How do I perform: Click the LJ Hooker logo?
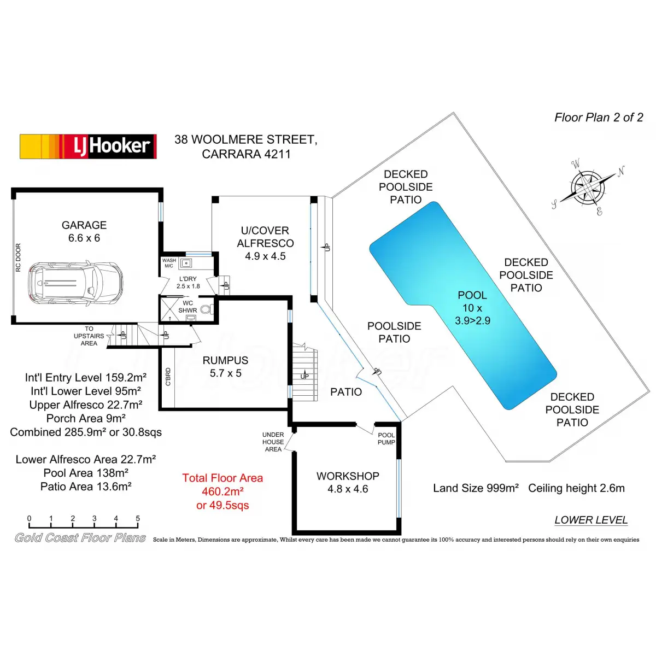point(88,147)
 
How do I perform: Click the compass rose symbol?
point(588,188)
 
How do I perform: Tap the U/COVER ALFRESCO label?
point(265,243)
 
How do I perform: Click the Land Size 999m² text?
point(476,488)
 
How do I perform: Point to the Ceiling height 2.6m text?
point(576,488)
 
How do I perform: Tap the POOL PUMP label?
point(386,439)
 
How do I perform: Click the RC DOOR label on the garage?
point(18,257)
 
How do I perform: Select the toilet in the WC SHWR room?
point(206,309)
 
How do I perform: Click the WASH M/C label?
point(169,263)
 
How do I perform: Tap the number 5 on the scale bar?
point(138,518)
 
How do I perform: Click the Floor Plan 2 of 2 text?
point(599,118)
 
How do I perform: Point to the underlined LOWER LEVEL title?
point(591,520)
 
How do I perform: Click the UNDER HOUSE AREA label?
point(273,442)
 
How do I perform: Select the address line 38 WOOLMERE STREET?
point(245,139)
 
